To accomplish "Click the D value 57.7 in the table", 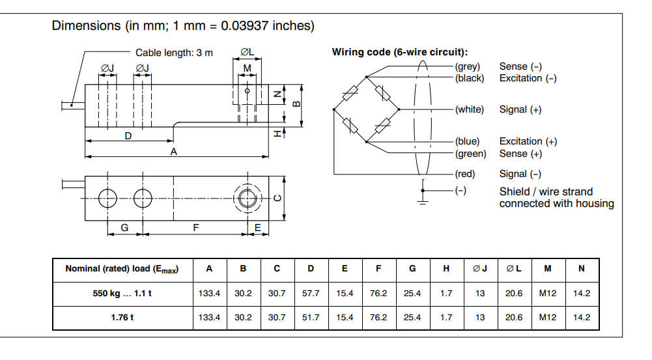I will pyautogui.click(x=311, y=294).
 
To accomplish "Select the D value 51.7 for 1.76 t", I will pyautogui.click(x=311, y=318).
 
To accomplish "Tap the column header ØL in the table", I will pyautogui.click(x=514, y=269).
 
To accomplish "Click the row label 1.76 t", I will pyautogui.click(x=122, y=318).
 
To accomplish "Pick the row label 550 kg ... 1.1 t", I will pyautogui.click(x=122, y=294).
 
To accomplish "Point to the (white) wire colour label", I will pyautogui.click(x=470, y=109).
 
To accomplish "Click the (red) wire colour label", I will pyautogui.click(x=465, y=174).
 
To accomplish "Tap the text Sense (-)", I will pyautogui.click(x=520, y=66).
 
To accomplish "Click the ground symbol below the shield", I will pyautogui.click(x=422, y=201).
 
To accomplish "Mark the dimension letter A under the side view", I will pyautogui.click(x=174, y=151).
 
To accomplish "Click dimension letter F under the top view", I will pyautogui.click(x=195, y=227).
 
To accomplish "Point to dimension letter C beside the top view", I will pyautogui.click(x=278, y=199).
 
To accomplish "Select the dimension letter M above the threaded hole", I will pyautogui.click(x=247, y=68).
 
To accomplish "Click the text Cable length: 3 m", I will pyautogui.click(x=174, y=53).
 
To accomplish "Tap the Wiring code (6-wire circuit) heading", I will pyautogui.click(x=400, y=52).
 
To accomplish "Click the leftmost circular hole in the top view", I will pyautogui.click(x=107, y=198).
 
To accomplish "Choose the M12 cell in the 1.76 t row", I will pyautogui.click(x=548, y=318).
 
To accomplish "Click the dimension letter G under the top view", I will pyautogui.click(x=124, y=227).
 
